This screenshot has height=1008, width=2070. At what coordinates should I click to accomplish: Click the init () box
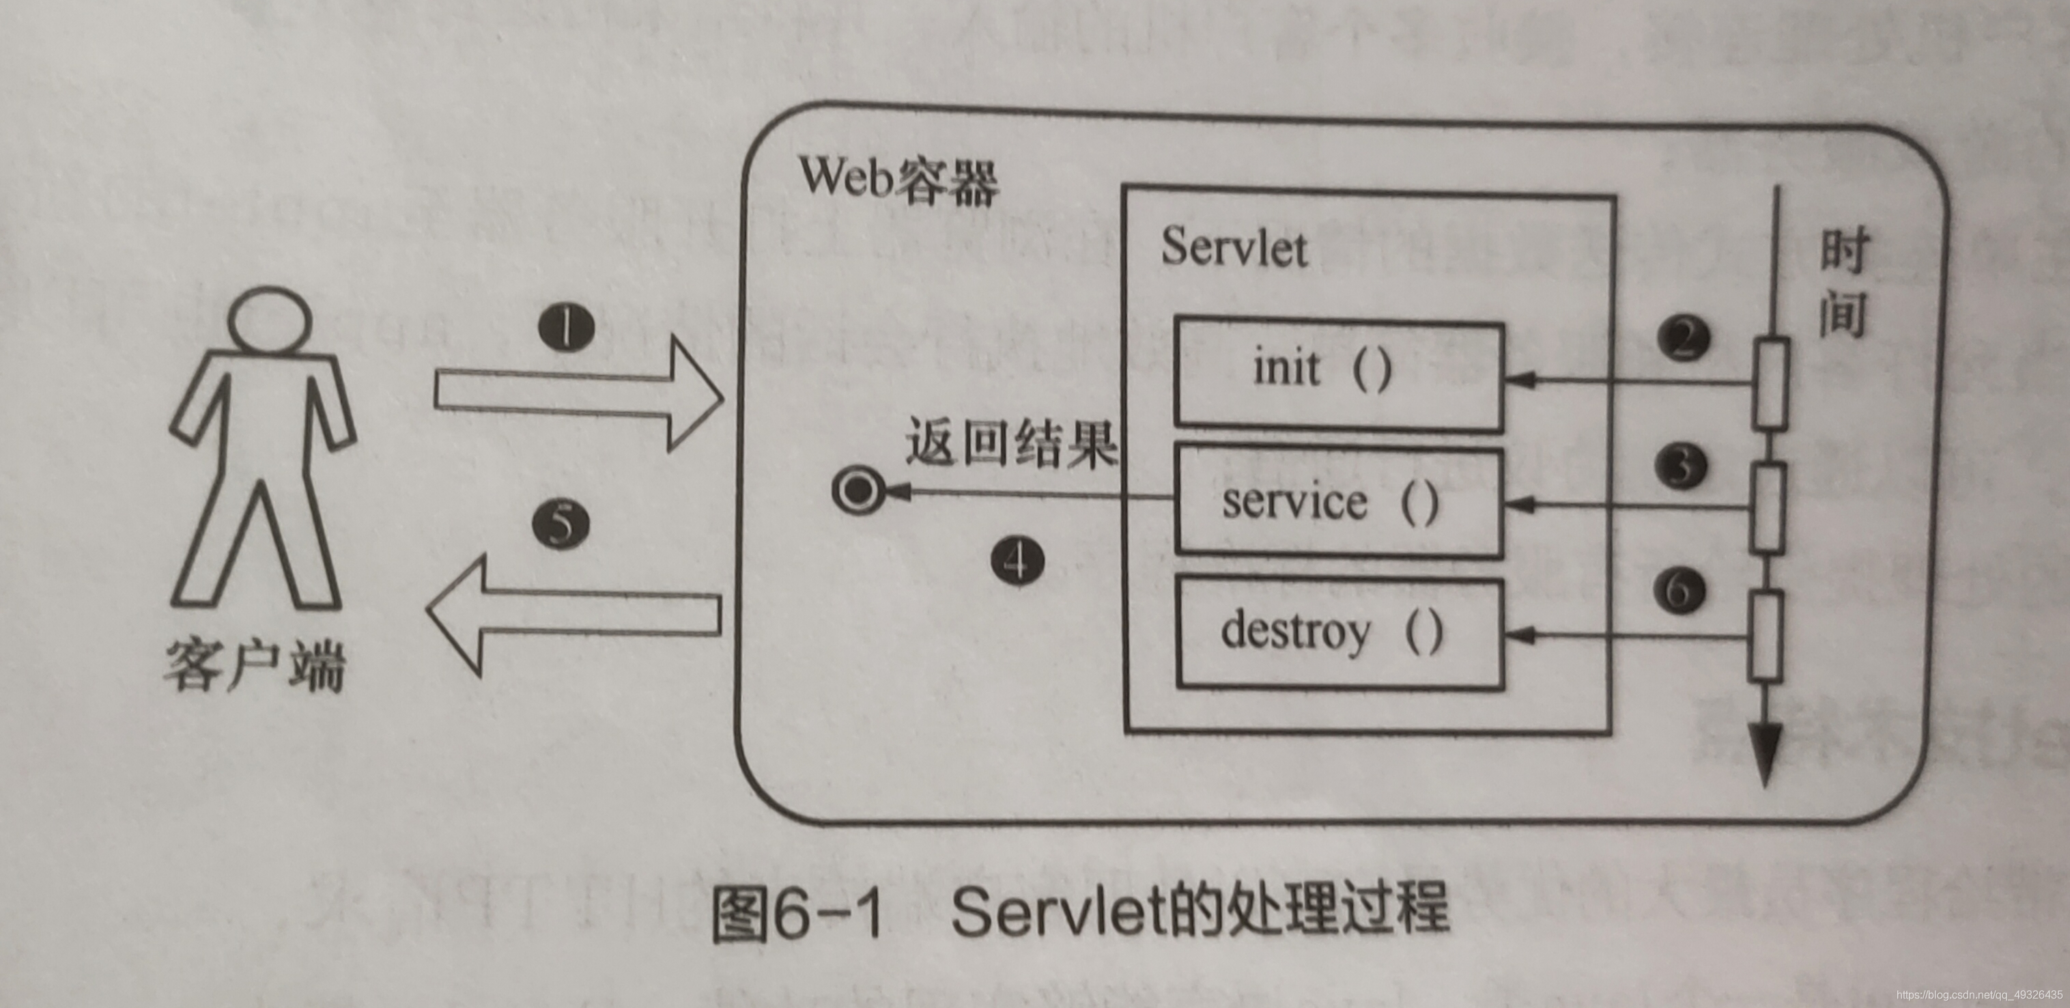point(1338,376)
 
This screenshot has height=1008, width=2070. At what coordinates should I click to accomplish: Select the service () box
point(1338,501)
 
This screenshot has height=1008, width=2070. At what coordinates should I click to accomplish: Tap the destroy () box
point(1339,634)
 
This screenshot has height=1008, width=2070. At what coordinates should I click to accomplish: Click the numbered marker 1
point(567,328)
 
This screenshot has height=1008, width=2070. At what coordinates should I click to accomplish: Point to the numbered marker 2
point(1683,339)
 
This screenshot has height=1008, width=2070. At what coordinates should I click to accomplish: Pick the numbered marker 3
point(1681,467)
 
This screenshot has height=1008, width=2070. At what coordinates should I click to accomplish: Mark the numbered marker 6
point(1679,591)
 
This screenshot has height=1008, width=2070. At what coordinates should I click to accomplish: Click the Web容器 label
point(898,179)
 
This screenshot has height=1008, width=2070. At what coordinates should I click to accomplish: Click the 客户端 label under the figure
point(255,667)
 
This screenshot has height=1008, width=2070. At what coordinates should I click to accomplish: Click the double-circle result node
point(858,490)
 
